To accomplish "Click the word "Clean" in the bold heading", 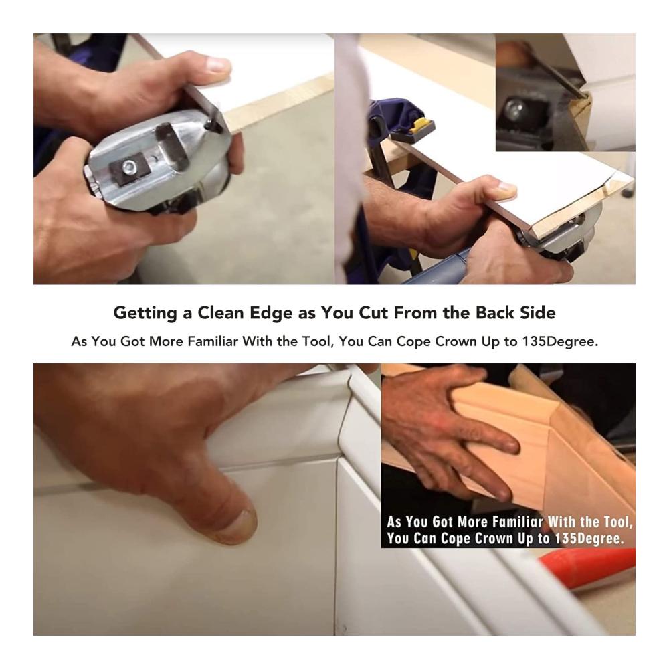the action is click(x=221, y=312).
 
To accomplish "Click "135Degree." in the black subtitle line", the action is click(x=560, y=341).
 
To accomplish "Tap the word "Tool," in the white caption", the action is click(x=618, y=522).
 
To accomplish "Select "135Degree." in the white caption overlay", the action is click(x=589, y=538).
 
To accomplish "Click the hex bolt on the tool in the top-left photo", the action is click(x=128, y=167).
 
